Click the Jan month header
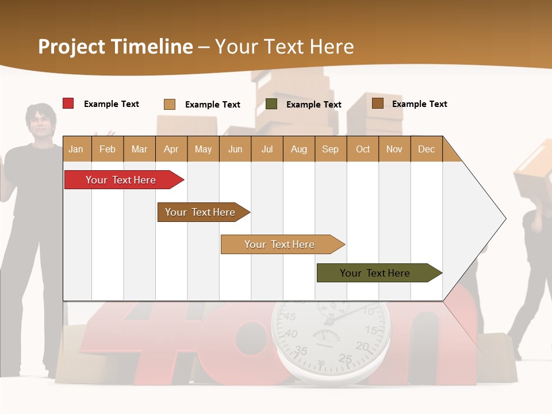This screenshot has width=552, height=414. [76, 149]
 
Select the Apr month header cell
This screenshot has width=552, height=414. [171, 149]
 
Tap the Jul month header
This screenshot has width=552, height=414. [267, 149]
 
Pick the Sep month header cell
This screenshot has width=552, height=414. [330, 149]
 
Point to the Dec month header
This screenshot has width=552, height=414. [426, 149]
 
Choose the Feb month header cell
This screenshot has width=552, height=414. [108, 149]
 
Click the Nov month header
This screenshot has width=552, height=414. [394, 149]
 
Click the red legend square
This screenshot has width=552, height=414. [68, 103]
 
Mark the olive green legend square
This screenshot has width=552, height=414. [271, 104]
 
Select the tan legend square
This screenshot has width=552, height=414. [169, 104]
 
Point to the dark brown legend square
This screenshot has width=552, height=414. [377, 103]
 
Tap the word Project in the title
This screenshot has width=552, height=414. [71, 47]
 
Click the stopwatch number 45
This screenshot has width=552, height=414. [289, 317]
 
